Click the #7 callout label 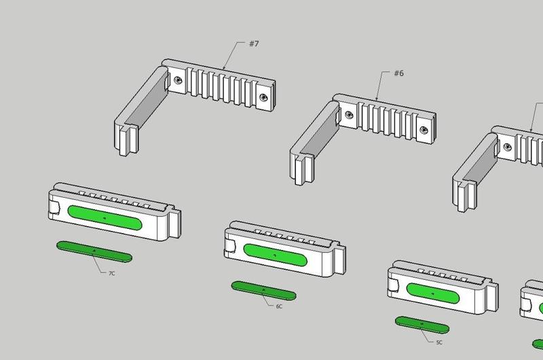pos(253,44)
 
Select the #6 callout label pos(398,73)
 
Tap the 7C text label pos(112,272)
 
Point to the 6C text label pos(279,306)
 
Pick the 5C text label pos(439,342)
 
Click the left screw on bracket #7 pos(177,79)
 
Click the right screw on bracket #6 pos(424,129)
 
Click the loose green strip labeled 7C pos(94,250)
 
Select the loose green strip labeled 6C pos(263,290)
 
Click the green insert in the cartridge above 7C pos(105,217)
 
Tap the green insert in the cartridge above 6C pos(275,253)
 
